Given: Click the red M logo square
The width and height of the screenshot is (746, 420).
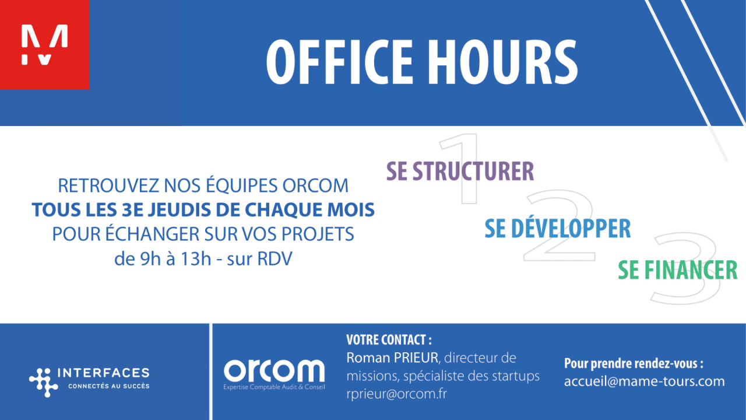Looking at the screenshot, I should [44, 44].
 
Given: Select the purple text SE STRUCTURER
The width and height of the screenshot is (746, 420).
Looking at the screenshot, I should [460, 171].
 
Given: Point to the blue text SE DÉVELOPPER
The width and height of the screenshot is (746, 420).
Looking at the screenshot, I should [557, 229].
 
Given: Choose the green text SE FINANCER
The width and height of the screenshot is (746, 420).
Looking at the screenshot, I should [677, 270].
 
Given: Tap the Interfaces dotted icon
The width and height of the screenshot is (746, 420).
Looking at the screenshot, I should [44, 382].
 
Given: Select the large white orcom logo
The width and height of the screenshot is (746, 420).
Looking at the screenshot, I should [274, 370].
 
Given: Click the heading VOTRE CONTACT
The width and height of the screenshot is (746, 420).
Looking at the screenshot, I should [389, 340].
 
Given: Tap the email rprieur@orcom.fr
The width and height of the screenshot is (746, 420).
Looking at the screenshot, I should [396, 394].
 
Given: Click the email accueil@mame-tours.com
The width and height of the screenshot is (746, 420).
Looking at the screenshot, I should [644, 381].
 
